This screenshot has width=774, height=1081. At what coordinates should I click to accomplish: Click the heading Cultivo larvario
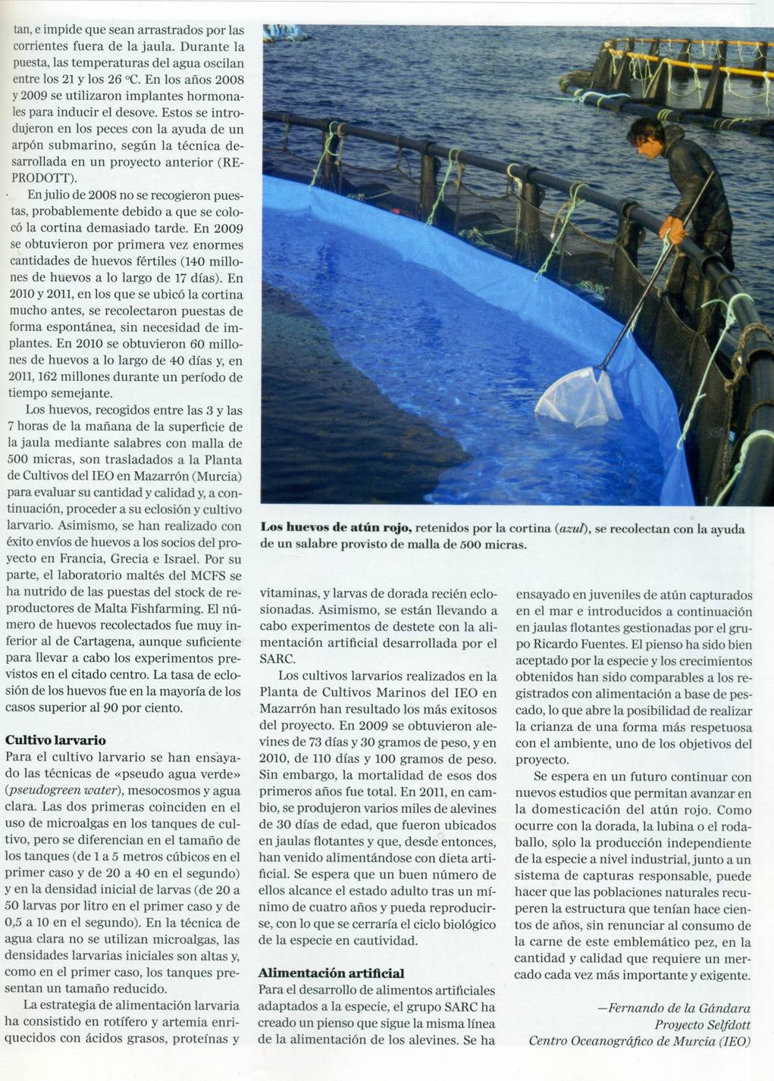[55, 740]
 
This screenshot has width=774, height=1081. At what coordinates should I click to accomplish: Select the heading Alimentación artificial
[331, 973]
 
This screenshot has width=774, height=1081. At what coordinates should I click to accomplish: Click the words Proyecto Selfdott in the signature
[703, 1024]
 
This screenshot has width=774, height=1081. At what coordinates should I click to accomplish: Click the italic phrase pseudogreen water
[55, 790]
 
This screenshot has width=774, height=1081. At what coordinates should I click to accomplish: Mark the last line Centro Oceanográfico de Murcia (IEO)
[639, 1041]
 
